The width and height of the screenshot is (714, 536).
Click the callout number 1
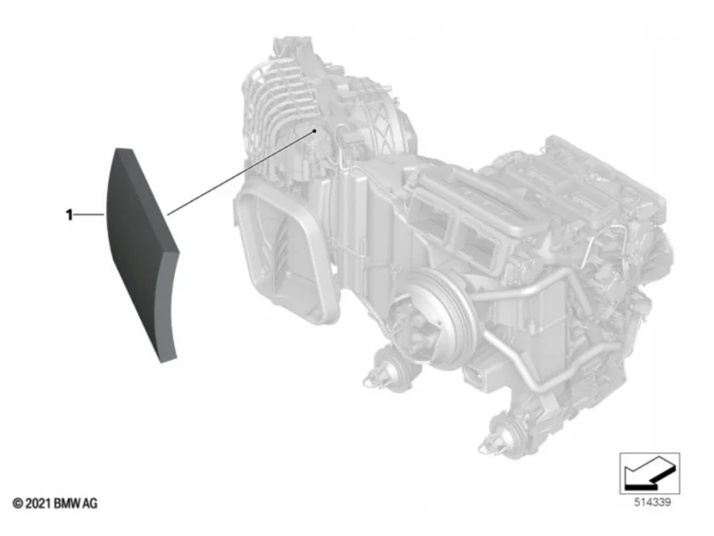pos(70,214)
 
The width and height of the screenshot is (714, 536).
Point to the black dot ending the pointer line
pos(314,130)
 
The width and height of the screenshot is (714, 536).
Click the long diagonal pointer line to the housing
pos(241,172)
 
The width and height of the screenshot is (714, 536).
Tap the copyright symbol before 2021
pos(18,504)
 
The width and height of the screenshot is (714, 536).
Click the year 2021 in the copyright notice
pos(38,504)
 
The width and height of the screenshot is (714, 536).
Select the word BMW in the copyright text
pos(68,504)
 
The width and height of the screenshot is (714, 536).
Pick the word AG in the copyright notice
pos(91,504)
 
